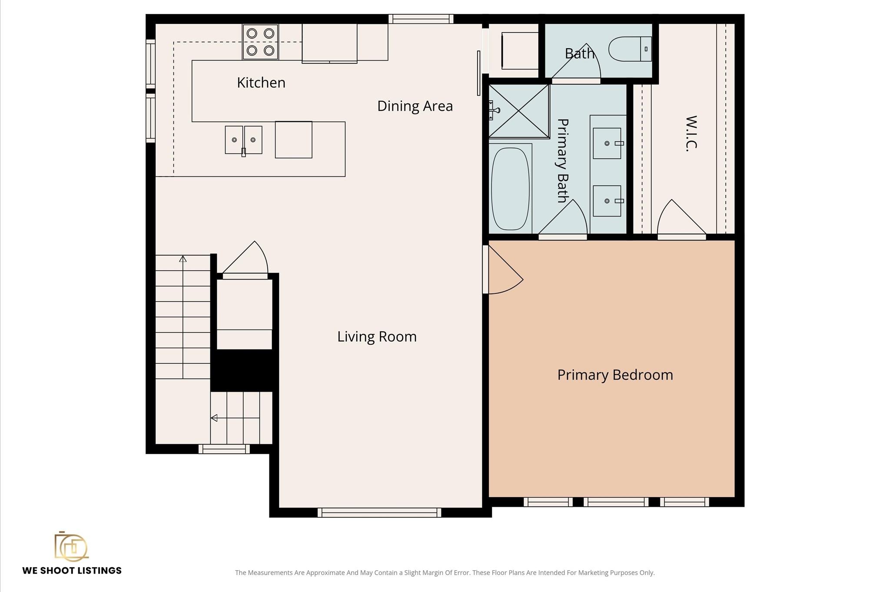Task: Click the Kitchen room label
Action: point(261,83)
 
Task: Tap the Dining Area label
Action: point(415,106)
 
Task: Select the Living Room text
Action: point(377,337)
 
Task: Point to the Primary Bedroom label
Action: point(615,375)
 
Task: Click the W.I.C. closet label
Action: point(691,133)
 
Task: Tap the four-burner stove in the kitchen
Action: point(260,42)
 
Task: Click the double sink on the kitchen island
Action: point(243,140)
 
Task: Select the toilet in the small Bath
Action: point(630,49)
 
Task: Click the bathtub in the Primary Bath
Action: point(510,189)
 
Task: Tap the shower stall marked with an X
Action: point(519,111)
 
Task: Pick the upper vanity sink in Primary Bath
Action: point(607,143)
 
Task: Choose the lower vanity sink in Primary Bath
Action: point(607,201)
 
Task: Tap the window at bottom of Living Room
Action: point(379,512)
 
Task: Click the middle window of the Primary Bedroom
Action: point(616,502)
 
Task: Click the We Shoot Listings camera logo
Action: point(71,546)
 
